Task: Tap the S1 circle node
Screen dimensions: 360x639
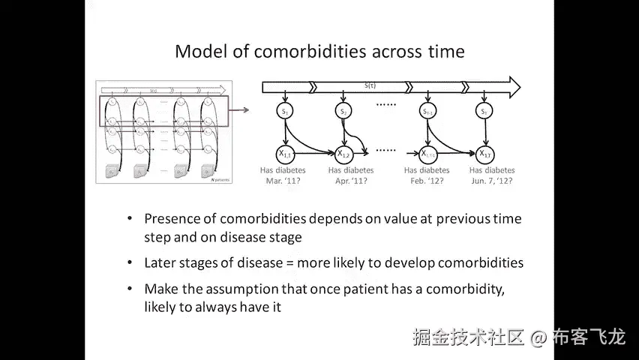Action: tap(285, 112)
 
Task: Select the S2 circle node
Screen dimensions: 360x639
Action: tap(343, 112)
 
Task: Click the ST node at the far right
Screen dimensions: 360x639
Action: tap(485, 112)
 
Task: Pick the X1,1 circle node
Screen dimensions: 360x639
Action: tap(286, 154)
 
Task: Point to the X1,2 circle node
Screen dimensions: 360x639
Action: tap(343, 154)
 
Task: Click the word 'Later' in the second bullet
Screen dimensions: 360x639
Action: tap(160, 263)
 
